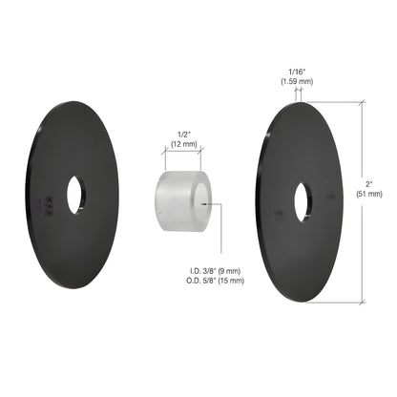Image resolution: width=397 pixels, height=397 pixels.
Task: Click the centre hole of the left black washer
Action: [74, 195]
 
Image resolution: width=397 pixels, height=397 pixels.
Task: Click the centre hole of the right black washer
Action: [303, 202]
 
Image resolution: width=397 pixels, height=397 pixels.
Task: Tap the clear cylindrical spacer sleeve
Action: [183, 201]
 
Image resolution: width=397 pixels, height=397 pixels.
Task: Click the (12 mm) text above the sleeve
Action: [184, 144]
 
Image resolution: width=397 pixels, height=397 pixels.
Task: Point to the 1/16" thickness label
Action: [297, 72]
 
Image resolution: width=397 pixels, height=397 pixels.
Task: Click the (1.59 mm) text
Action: [297, 81]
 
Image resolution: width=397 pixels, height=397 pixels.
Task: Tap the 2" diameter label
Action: [369, 184]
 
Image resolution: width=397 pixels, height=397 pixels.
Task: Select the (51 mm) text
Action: [369, 194]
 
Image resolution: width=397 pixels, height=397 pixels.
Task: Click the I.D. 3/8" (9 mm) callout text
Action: [216, 271]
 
